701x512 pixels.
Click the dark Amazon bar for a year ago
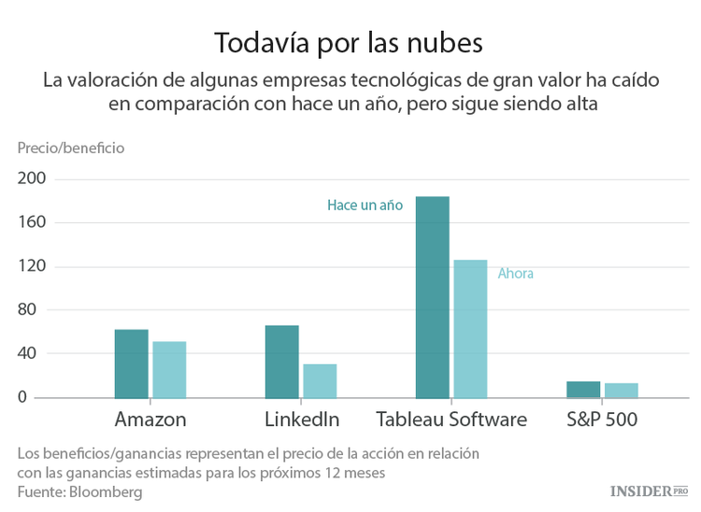point(131,363)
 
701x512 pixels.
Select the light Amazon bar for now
point(169,370)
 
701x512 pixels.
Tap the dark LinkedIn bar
point(281,362)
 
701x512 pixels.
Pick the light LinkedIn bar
point(320,381)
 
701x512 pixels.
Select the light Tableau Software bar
point(470,329)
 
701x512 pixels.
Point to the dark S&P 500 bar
point(583,390)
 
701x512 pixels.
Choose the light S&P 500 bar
point(622,391)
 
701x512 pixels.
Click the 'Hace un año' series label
point(365,206)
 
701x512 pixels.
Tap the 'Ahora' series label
point(516,274)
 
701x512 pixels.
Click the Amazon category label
point(150,420)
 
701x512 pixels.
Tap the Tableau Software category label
point(451,420)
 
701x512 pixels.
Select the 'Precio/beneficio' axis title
point(70,148)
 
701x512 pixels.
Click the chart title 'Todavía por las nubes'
point(350,43)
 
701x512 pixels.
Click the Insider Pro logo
point(649,491)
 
